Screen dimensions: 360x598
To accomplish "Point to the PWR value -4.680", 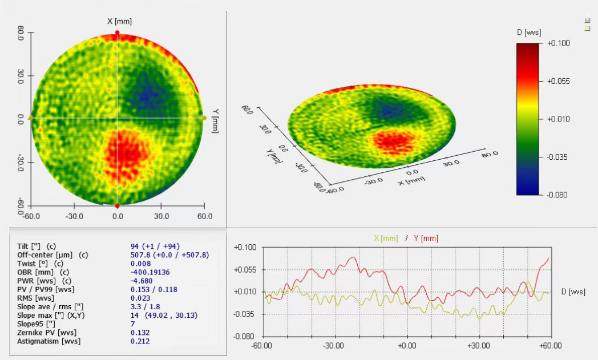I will click(x=141, y=281).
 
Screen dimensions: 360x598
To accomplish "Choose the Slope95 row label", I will click(x=37, y=324).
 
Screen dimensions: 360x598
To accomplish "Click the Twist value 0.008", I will click(x=140, y=264).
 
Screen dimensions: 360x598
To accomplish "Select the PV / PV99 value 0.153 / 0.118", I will click(x=154, y=289).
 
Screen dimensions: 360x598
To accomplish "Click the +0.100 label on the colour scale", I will click(x=559, y=43).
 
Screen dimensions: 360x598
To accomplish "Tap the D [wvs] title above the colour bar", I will click(x=529, y=32).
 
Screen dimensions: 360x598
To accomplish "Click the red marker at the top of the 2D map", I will click(x=118, y=33).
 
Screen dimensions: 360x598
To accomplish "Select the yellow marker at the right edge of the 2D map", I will click(x=204, y=118).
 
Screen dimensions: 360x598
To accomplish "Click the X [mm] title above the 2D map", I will click(x=119, y=21).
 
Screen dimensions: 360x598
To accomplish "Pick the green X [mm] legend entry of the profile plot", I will click(x=386, y=238).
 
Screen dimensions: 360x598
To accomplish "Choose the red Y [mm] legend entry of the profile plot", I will click(x=425, y=238).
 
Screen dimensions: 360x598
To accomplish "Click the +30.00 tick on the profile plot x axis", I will click(x=478, y=345).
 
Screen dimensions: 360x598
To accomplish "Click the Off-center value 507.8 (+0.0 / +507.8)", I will click(x=169, y=255).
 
